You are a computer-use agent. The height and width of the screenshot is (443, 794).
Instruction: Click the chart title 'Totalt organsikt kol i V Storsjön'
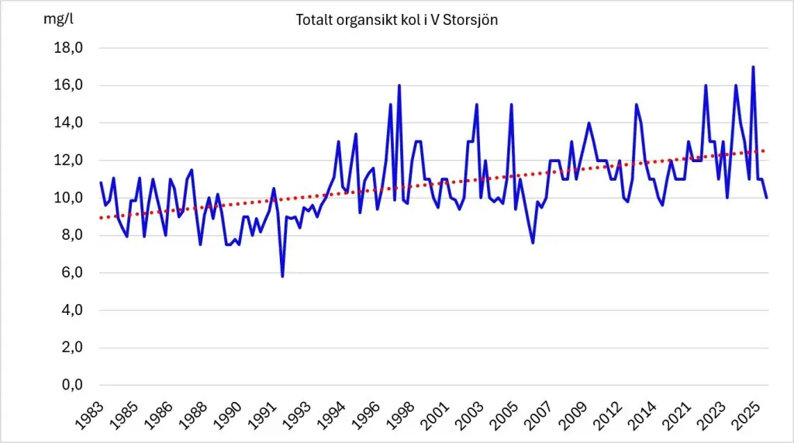point(396,19)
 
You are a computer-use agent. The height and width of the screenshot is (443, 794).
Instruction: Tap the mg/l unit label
point(58,19)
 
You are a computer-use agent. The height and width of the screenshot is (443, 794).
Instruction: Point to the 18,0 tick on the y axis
point(68,47)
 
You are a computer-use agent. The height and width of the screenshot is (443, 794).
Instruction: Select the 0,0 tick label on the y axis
point(72,385)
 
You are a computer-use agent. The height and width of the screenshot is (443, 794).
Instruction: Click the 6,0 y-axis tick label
point(72,272)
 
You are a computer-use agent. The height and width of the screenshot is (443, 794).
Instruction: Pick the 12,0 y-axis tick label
point(68,160)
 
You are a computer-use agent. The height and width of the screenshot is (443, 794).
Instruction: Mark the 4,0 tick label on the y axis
point(72,310)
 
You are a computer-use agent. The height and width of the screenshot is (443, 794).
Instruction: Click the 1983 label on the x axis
point(89,416)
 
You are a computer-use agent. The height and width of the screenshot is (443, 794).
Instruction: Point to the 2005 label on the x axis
point(505,416)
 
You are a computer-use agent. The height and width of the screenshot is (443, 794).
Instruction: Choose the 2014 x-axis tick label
point(644,416)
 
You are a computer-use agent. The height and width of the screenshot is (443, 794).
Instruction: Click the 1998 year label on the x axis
point(401,416)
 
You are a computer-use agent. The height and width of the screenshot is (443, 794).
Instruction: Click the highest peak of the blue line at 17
point(754,67)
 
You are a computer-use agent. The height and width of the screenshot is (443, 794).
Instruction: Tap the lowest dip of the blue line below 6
point(282,275)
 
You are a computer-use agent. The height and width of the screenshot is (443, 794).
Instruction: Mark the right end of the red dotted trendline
point(763,151)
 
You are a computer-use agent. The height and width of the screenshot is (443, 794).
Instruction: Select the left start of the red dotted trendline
point(102,217)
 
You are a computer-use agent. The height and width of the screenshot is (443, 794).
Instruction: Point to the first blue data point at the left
point(101,182)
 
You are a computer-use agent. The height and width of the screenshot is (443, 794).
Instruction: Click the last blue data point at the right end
point(767,197)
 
